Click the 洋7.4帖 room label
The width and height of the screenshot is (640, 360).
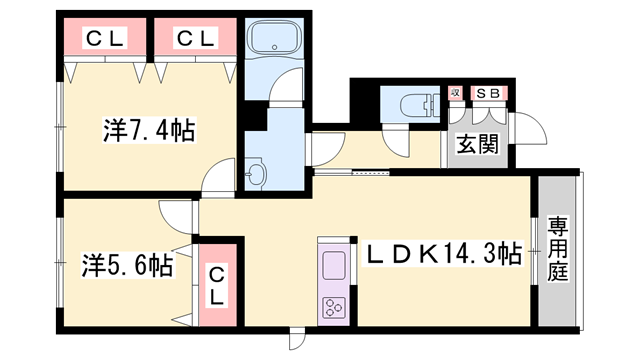click(148, 131)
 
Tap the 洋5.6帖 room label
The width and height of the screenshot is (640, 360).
click(126, 266)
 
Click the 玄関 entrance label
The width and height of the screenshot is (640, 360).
click(478, 146)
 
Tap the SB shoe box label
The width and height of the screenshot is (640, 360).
click(489, 95)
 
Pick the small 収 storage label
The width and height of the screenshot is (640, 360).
click(456, 95)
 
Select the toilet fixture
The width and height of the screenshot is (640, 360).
click(413, 103)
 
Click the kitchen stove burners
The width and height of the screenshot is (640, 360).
click(331, 306)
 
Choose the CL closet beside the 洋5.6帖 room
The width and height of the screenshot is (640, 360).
click(218, 284)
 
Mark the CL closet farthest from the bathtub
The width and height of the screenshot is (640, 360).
click(104, 39)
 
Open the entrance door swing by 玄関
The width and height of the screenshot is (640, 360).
click(528, 124)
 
